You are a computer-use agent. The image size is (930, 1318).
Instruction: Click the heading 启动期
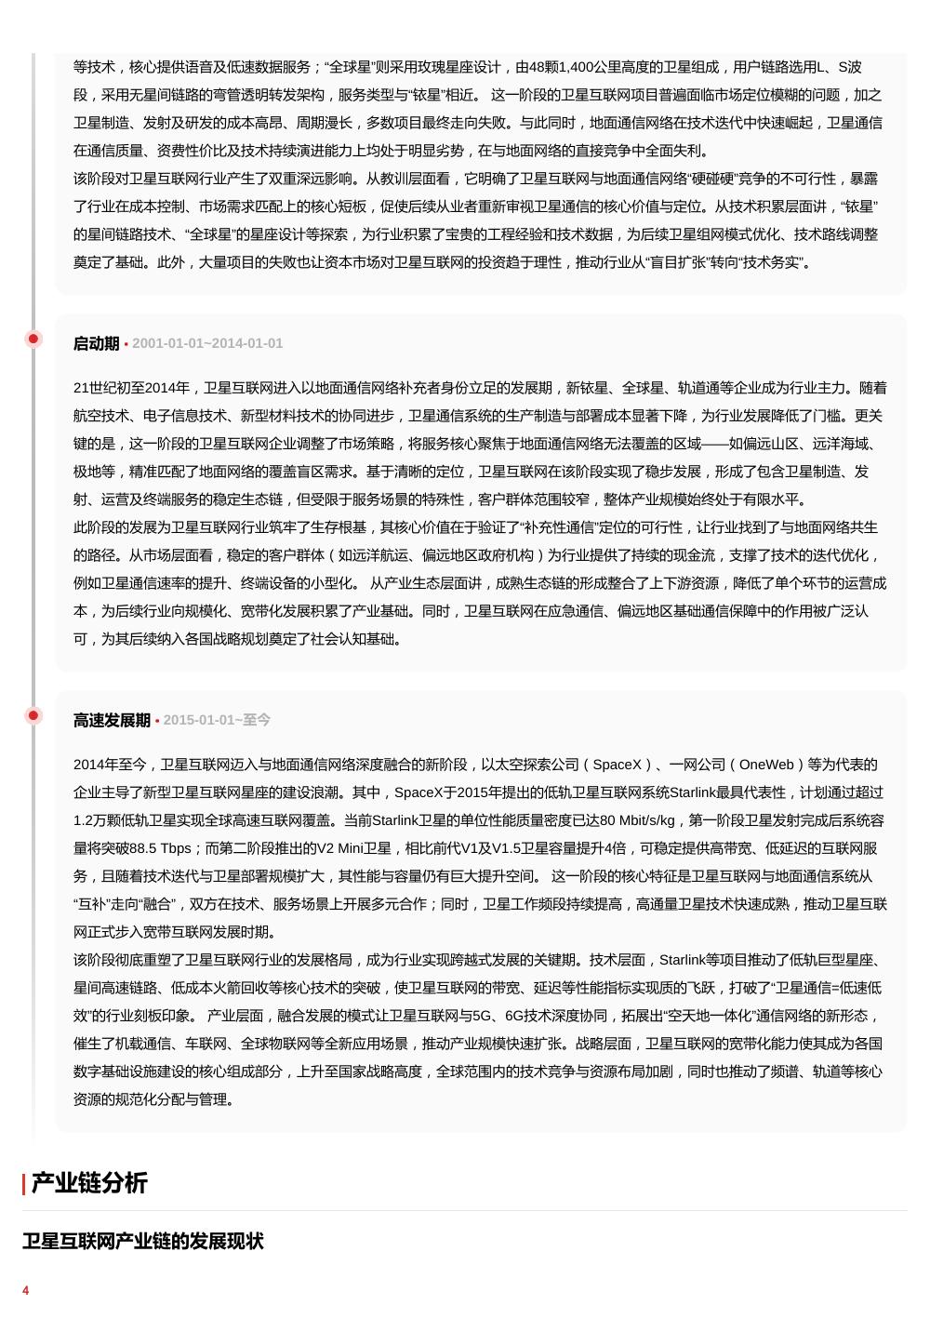96,343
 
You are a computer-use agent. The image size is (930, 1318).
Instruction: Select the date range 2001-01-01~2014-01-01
207,343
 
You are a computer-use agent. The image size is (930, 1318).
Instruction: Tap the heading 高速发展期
112,720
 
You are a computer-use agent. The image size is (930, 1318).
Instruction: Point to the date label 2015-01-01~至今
217,720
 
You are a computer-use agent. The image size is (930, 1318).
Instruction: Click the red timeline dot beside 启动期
33,339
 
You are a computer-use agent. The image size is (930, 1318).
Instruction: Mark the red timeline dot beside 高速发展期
33,715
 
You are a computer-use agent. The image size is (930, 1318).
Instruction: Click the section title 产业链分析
89,1183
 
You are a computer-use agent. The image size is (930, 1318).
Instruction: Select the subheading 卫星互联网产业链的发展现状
143,1241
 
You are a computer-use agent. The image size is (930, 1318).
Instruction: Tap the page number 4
26,1290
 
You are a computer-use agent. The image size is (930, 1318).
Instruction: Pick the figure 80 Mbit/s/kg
639,820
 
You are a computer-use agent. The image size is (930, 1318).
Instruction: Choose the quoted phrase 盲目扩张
690,262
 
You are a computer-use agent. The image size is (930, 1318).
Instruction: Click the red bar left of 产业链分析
24,1183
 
